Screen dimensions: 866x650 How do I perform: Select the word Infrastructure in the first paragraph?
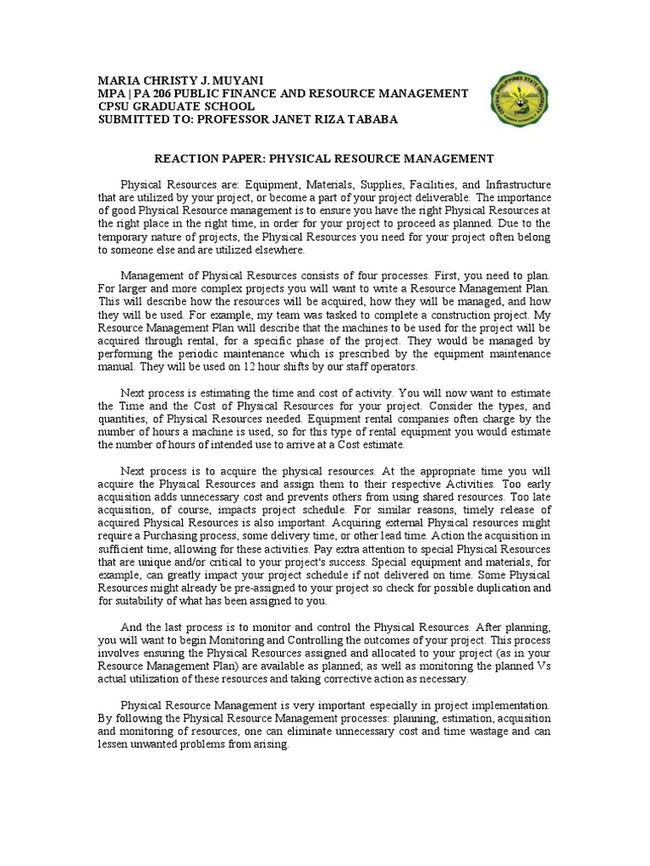coord(516,184)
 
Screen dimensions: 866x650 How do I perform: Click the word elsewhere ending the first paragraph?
coord(277,250)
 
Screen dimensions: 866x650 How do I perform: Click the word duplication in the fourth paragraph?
coord(498,587)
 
